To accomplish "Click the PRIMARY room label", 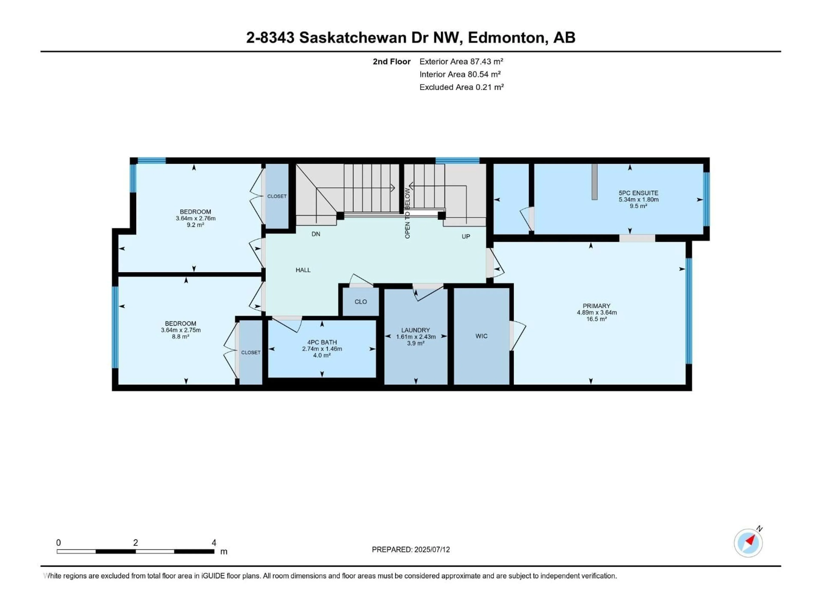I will (x=596, y=306).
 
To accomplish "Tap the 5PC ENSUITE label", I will (x=638, y=193).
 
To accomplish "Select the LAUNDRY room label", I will (x=415, y=330).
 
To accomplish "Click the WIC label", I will (x=481, y=336).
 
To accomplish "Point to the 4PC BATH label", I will (x=322, y=342).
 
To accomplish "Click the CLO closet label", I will (x=360, y=302).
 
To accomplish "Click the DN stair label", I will (x=316, y=234).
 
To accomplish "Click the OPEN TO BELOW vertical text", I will (x=407, y=213).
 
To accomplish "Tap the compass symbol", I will (x=748, y=543).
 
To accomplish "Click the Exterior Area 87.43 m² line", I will (x=461, y=62).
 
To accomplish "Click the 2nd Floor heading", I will (x=391, y=62).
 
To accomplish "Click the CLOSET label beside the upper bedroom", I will (x=277, y=196).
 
